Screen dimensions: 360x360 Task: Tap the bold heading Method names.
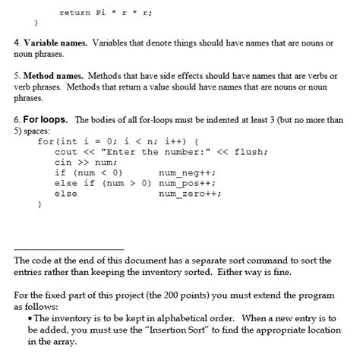53,77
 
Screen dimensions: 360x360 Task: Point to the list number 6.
16,120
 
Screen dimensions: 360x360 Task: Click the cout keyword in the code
66,151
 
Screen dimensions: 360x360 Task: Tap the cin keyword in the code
63,162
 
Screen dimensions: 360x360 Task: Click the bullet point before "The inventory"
29,317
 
